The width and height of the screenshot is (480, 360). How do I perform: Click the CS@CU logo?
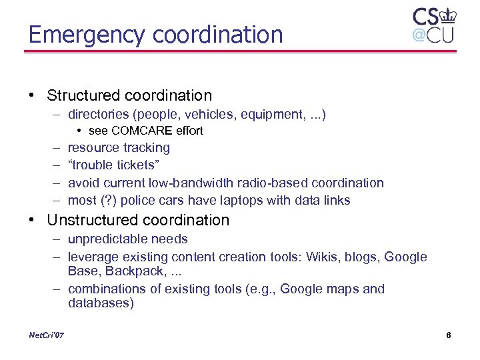pyautogui.click(x=433, y=25)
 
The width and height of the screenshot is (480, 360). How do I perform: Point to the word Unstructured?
pyautogui.click(x=87, y=220)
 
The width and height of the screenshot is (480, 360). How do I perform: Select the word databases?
pyautogui.click(x=101, y=303)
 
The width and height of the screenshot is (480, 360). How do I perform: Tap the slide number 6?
pyautogui.click(x=449, y=335)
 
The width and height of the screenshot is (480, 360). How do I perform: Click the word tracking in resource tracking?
pyautogui.click(x=147, y=148)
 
